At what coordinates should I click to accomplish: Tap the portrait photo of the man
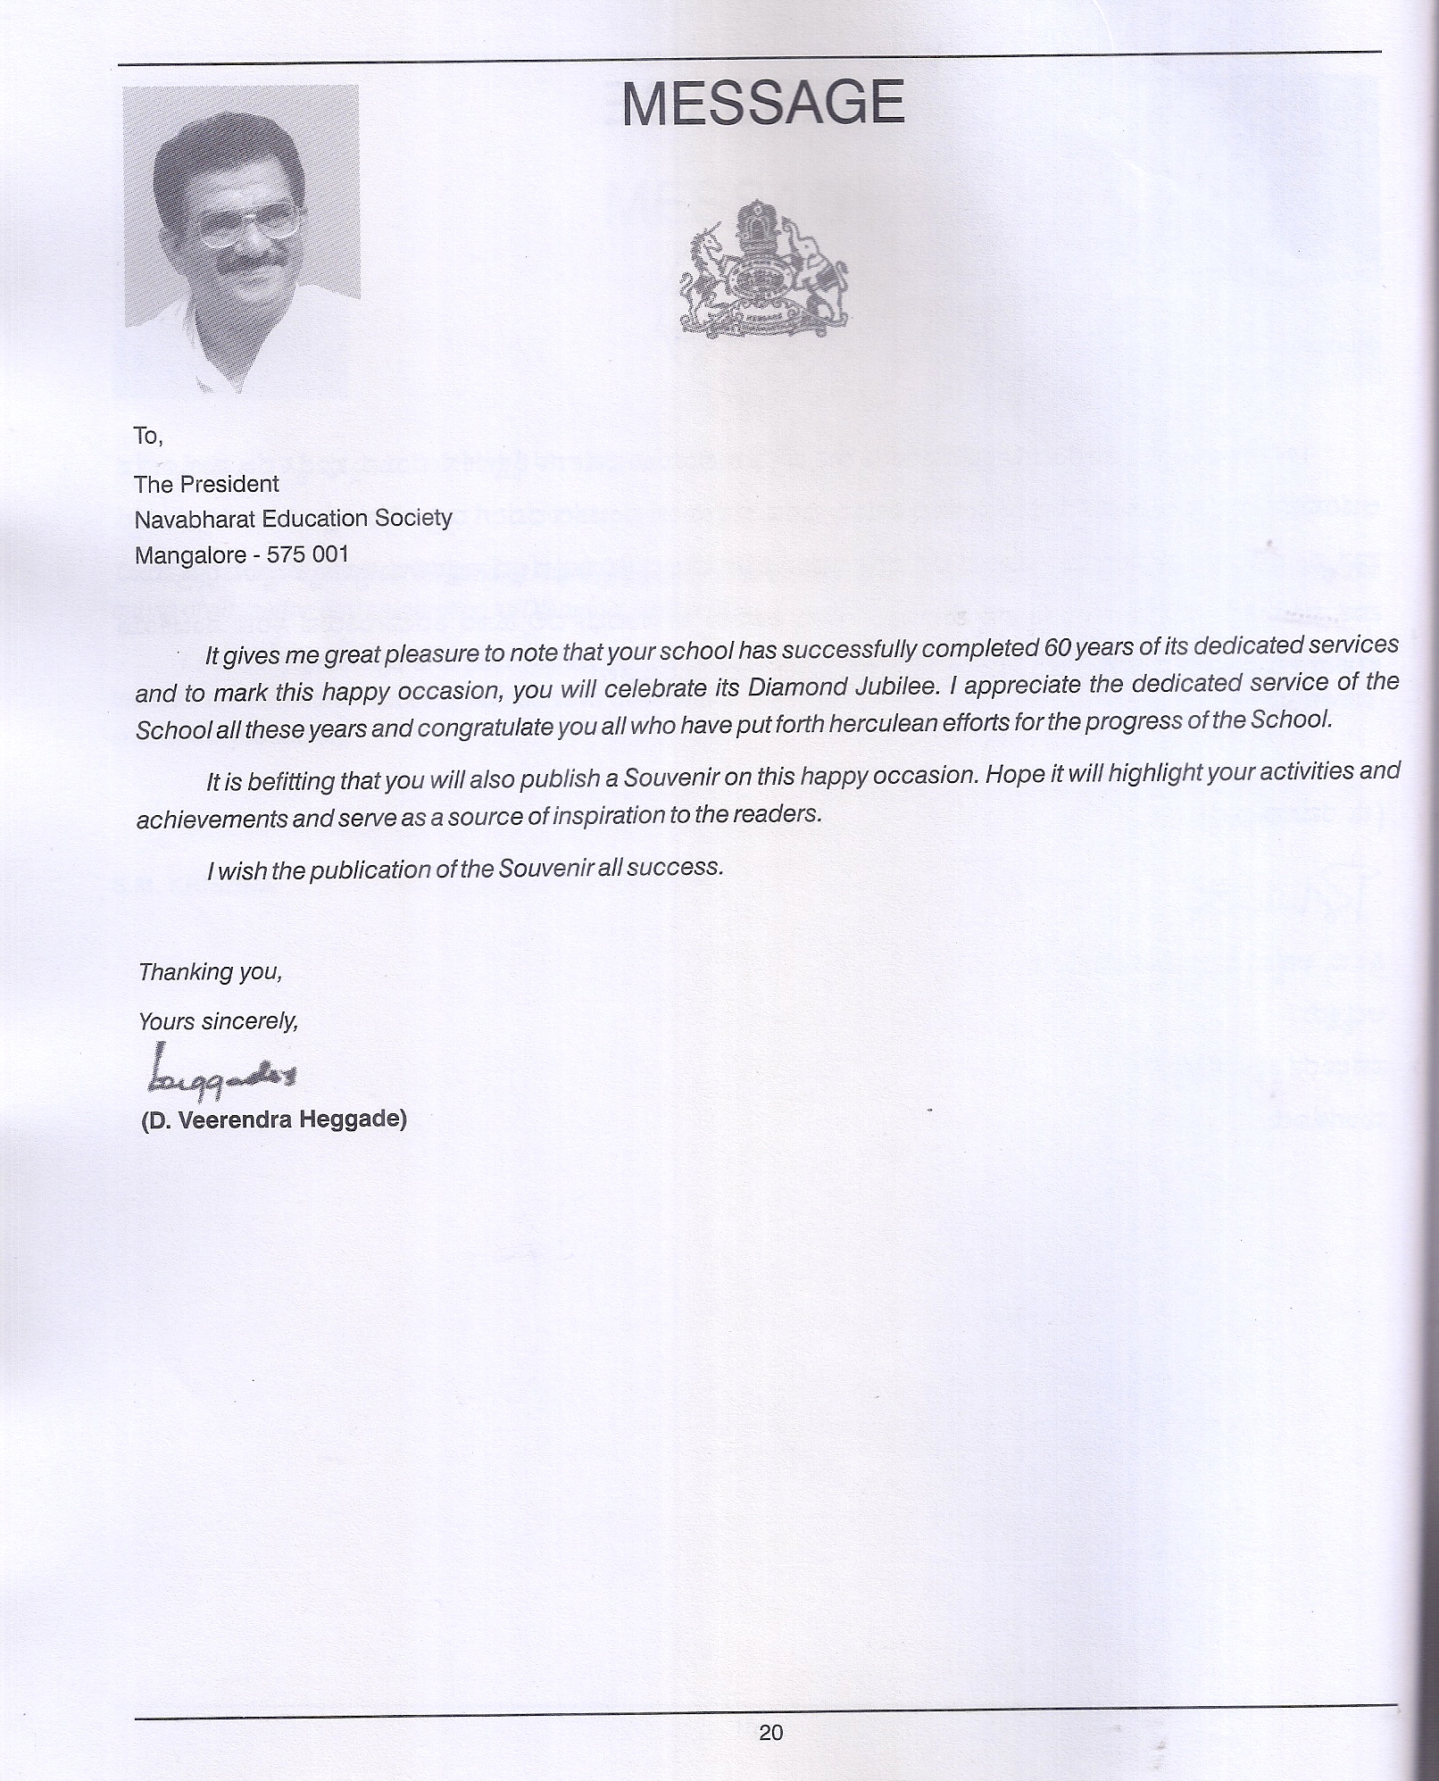(x=241, y=237)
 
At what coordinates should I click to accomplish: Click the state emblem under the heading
(x=764, y=268)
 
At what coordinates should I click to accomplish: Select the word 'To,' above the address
(x=147, y=436)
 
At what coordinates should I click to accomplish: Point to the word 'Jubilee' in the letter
(x=888, y=687)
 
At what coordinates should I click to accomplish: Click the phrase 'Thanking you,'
(x=211, y=971)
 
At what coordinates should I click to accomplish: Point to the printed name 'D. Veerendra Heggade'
(x=273, y=1119)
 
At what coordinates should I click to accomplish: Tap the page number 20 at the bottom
(x=770, y=1733)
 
